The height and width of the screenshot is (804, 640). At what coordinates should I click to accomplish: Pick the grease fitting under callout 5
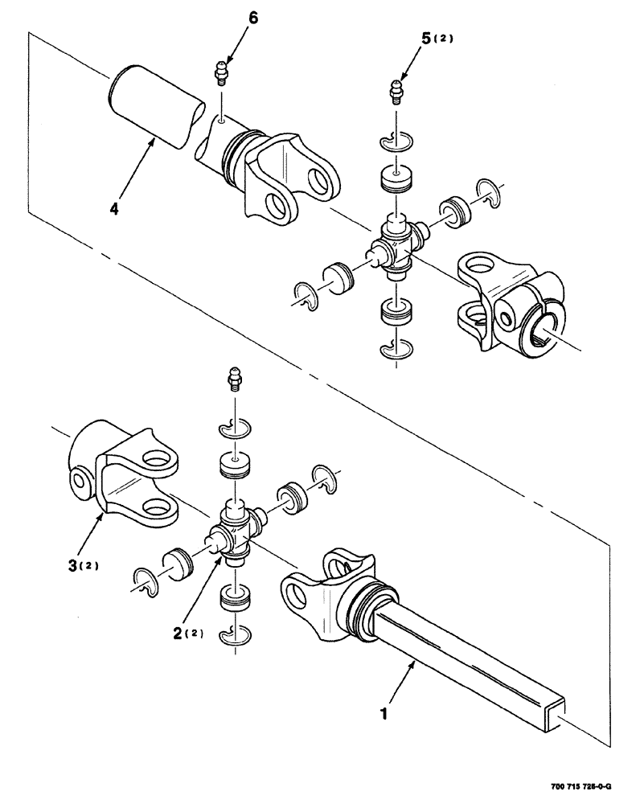click(395, 92)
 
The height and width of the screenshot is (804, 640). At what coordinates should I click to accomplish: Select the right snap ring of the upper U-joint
click(486, 191)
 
